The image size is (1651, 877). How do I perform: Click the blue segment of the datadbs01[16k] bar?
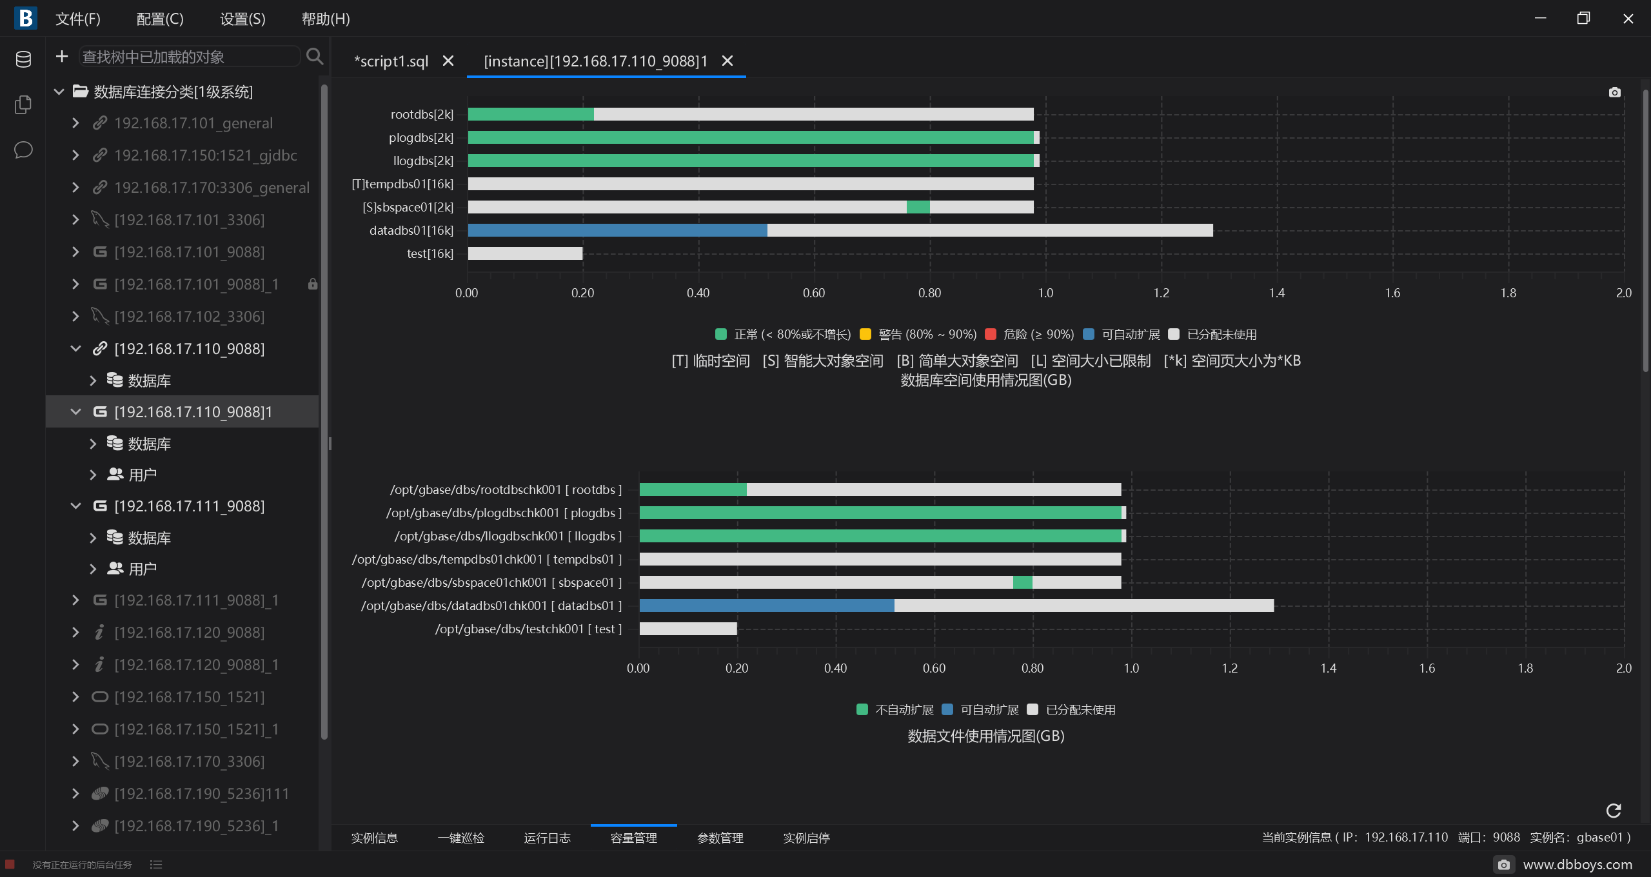pyautogui.click(x=617, y=230)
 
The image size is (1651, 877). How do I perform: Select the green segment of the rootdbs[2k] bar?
pyautogui.click(x=531, y=114)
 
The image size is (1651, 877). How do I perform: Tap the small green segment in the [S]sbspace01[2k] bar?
pyautogui.click(x=918, y=207)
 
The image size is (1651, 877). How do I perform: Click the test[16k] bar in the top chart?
pyautogui.click(x=525, y=253)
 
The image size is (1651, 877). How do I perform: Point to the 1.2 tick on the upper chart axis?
pyautogui.click(x=1161, y=293)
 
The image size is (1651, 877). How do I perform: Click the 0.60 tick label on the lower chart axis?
pyautogui.click(x=934, y=668)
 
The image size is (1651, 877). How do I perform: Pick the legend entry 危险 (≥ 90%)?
pyautogui.click(x=1030, y=334)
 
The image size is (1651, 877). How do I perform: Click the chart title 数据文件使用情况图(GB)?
pyautogui.click(x=986, y=736)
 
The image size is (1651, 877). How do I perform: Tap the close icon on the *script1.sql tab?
pyautogui.click(x=448, y=61)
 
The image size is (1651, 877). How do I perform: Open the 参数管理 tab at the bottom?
pyautogui.click(x=720, y=838)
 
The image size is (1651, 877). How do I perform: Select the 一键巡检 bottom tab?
pyautogui.click(x=460, y=838)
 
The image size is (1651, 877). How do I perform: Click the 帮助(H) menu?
pyautogui.click(x=326, y=19)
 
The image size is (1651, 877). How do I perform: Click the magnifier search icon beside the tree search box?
pyautogui.click(x=315, y=57)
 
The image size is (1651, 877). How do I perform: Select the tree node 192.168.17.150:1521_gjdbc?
pyautogui.click(x=205, y=155)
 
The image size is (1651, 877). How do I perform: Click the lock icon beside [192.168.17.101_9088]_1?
pyautogui.click(x=313, y=284)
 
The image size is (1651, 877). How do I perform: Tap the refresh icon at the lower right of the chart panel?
pyautogui.click(x=1614, y=811)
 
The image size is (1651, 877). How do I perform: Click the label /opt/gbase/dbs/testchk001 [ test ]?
pyautogui.click(x=528, y=629)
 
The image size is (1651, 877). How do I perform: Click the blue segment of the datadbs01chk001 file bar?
pyautogui.click(x=767, y=606)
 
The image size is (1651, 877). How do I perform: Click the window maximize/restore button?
pyautogui.click(x=1583, y=18)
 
